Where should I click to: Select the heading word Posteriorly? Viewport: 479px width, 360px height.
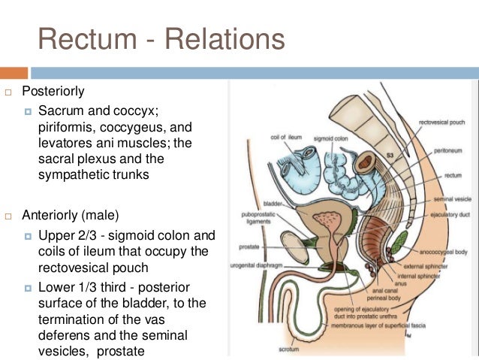(x=53, y=92)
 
